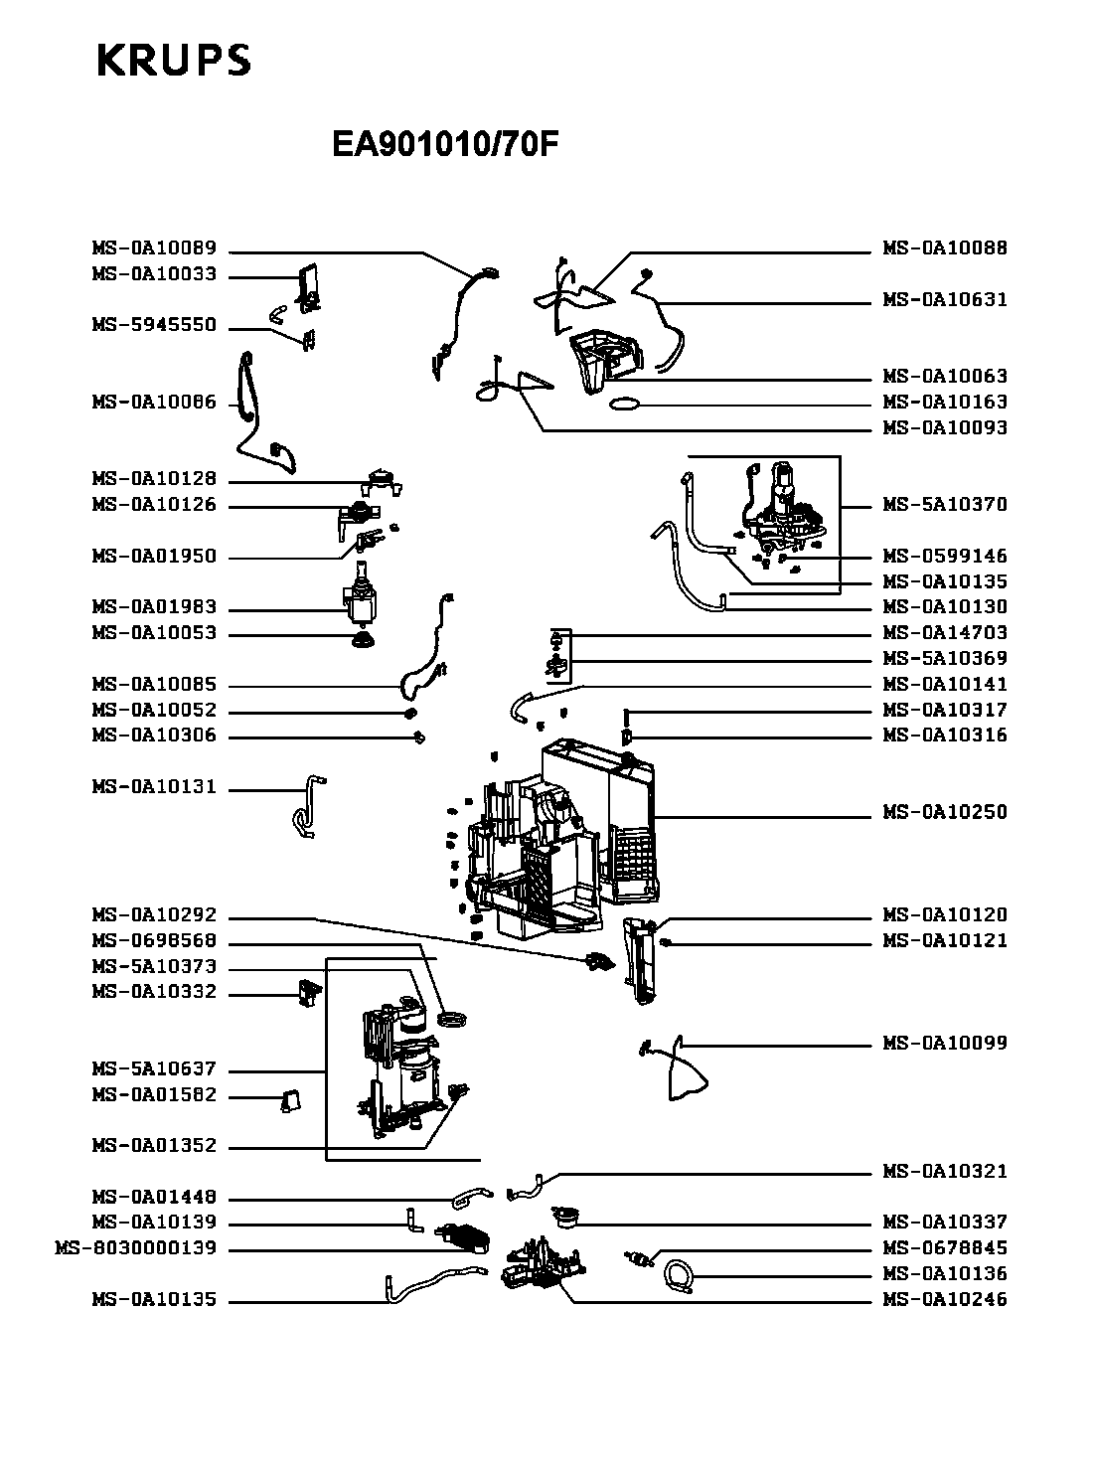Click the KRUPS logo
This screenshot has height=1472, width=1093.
pyautogui.click(x=173, y=61)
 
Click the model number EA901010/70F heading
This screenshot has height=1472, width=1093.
pyautogui.click(x=445, y=145)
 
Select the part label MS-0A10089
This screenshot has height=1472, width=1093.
pyautogui.click(x=154, y=249)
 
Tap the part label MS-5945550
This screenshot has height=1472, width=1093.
pyautogui.click(x=154, y=326)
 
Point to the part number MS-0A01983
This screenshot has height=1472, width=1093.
pyautogui.click(x=154, y=607)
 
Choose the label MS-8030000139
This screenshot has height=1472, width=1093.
pyautogui.click(x=135, y=1248)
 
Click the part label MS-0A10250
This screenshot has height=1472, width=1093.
pyautogui.click(x=945, y=812)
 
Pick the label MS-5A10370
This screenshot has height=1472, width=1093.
pyautogui.click(x=945, y=505)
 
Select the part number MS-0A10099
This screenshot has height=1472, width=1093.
pyautogui.click(x=945, y=1044)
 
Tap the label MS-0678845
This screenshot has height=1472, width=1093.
pyautogui.click(x=945, y=1248)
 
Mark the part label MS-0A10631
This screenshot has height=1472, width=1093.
pyautogui.click(x=945, y=300)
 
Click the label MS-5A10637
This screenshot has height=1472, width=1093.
pyautogui.click(x=154, y=1070)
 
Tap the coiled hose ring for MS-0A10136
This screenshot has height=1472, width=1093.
pyautogui.click(x=679, y=1274)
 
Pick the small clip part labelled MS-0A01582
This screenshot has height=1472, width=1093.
pyautogui.click(x=290, y=1097)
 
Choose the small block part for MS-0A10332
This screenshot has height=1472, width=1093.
pyautogui.click(x=308, y=991)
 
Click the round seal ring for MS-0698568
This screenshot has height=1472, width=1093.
pyautogui.click(x=452, y=1020)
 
